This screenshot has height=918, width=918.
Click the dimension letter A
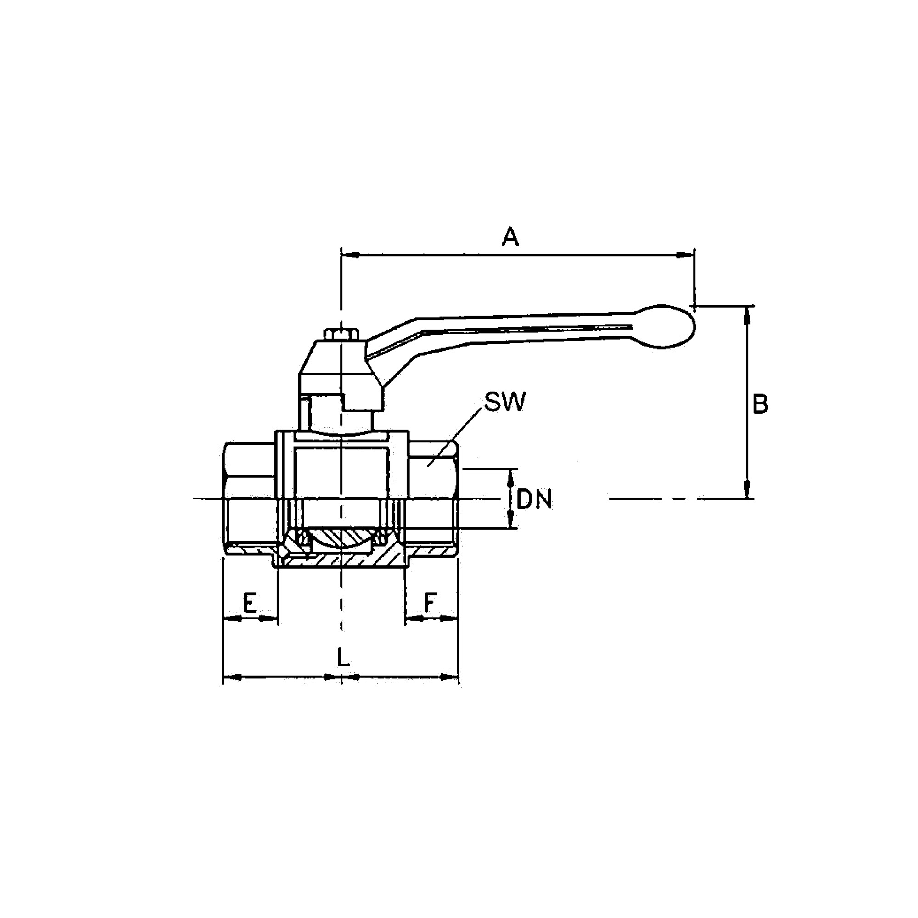510,237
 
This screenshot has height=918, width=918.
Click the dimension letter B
760,404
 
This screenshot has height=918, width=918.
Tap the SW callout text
505,402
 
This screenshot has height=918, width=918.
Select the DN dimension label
535,499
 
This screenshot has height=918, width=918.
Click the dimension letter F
430,603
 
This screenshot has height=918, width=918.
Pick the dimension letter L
343,658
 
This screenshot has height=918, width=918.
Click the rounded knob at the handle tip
665,326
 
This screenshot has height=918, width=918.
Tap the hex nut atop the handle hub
341,334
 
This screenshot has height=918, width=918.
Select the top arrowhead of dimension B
747,315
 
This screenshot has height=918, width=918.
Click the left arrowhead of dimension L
232,677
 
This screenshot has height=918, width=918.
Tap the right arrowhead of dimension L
449,677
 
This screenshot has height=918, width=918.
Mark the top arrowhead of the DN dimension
511,477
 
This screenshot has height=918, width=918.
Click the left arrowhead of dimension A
351,255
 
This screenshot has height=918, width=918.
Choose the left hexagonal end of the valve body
249,498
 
